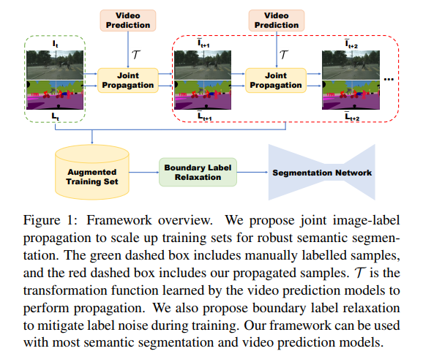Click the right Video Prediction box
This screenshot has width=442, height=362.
coord(276,20)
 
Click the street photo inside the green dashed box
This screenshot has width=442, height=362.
coord(56,64)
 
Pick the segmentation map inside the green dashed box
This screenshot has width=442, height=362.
coord(56,94)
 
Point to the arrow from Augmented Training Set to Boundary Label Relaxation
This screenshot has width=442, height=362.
coord(145,173)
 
